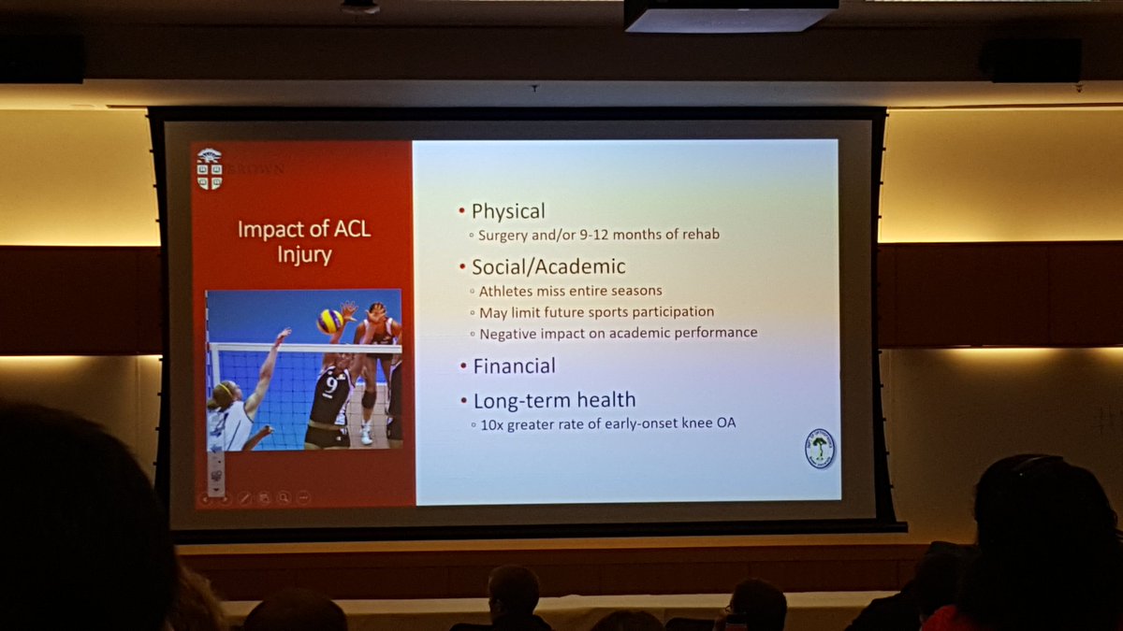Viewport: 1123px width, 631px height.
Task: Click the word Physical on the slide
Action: [508, 211]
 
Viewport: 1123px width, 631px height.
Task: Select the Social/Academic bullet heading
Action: [548, 266]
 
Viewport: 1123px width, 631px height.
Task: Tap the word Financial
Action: [514, 366]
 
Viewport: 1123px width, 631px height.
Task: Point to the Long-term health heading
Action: [554, 400]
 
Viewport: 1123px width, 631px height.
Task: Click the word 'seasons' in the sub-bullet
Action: [635, 291]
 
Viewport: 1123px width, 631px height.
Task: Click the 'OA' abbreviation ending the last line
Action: [727, 424]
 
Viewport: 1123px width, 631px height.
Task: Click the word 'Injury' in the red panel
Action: [303, 254]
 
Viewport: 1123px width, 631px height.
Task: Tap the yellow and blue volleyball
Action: [329, 321]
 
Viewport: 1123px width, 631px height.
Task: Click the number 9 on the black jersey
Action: [330, 385]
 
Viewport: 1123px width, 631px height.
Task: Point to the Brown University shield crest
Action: [210, 168]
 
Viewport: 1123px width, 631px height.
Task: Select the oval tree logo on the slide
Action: [819, 448]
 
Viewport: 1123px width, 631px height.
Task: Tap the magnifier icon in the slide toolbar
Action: [284, 498]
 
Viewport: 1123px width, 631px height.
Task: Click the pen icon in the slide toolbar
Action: [244, 498]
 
